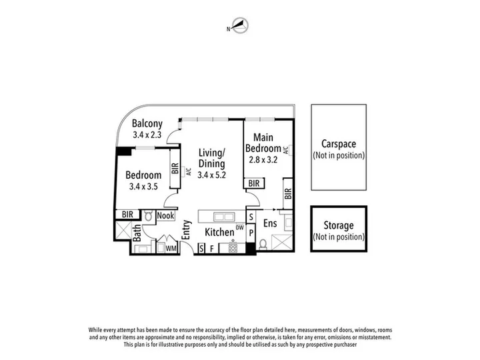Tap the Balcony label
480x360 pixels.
(147, 123)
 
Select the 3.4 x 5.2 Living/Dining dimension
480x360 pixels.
(211, 175)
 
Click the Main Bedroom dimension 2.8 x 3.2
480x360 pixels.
(263, 160)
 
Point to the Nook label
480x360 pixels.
(165, 215)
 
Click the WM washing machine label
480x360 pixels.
(171, 249)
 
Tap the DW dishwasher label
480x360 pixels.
(240, 227)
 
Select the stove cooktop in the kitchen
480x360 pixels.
(233, 248)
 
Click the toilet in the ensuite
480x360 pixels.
(263, 244)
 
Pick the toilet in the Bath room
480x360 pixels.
(149, 216)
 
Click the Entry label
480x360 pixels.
(187, 229)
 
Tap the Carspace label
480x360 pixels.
(339, 144)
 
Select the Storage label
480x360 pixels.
(339, 225)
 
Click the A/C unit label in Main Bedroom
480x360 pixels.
(286, 150)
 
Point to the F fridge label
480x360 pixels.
(211, 249)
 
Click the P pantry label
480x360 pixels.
(251, 233)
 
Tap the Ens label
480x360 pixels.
(270, 223)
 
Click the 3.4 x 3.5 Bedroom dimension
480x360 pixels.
(143, 187)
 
